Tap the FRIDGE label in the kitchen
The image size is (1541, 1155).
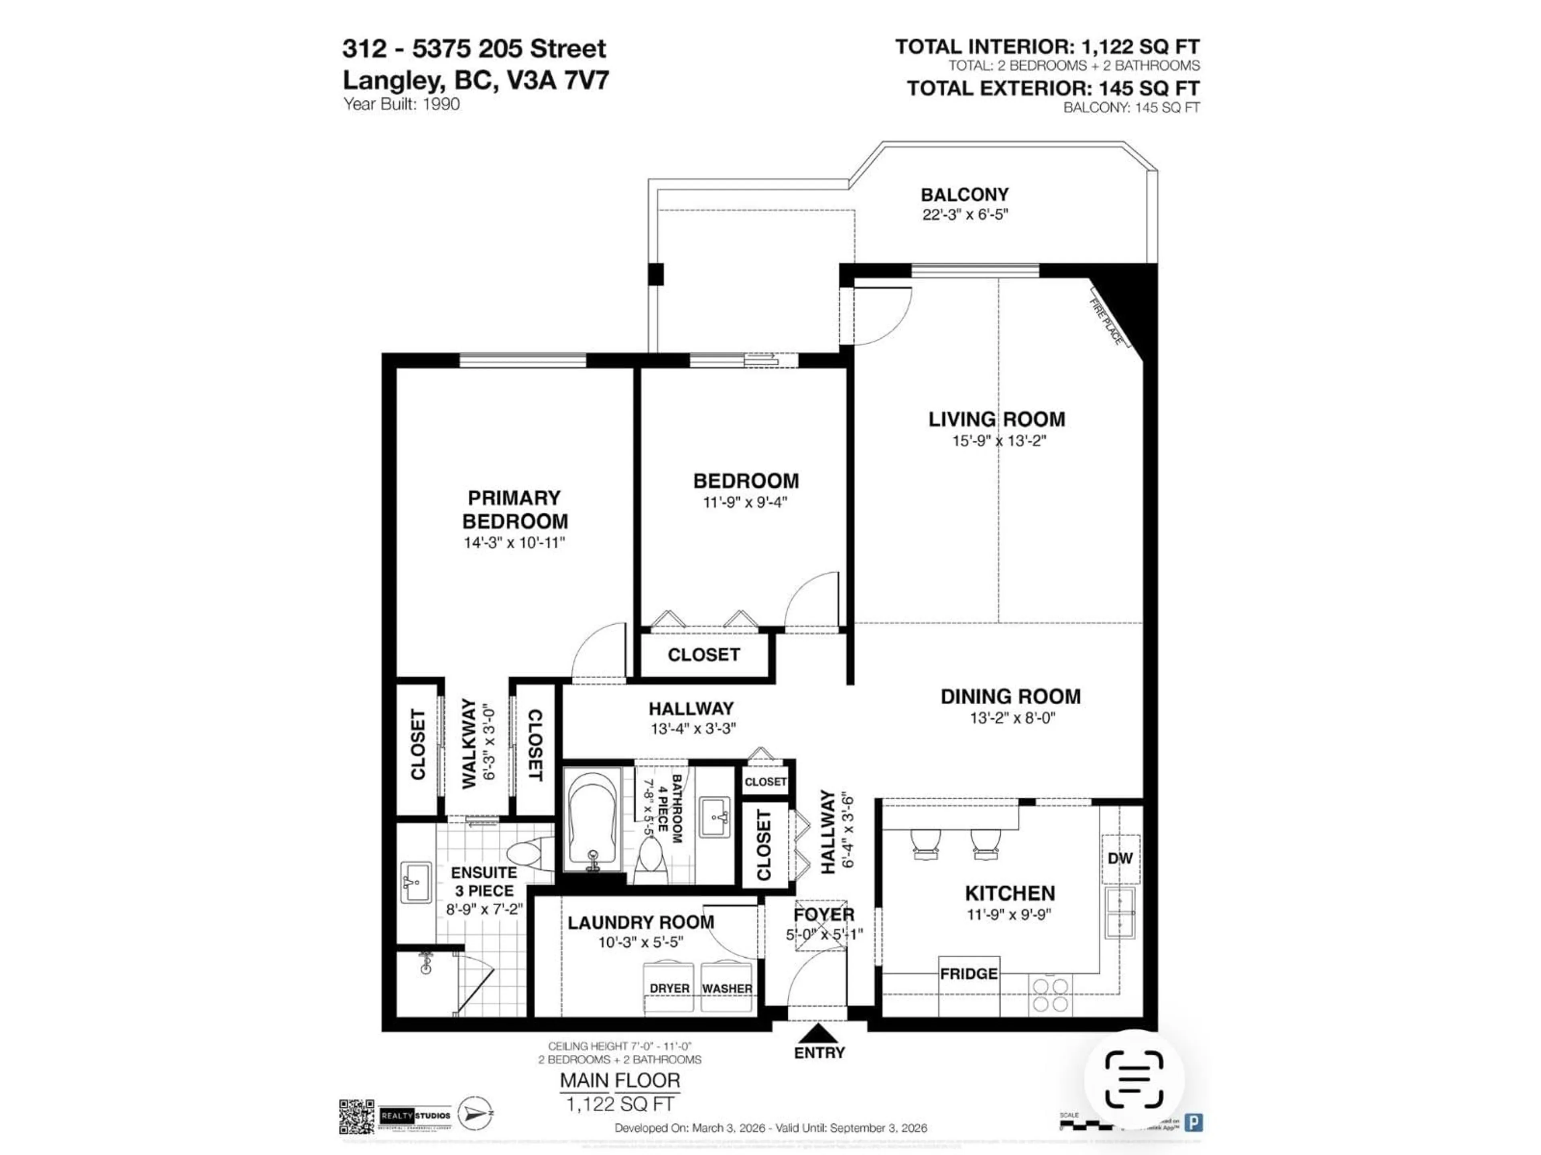pyautogui.click(x=968, y=973)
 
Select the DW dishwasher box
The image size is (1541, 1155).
pyautogui.click(x=1120, y=858)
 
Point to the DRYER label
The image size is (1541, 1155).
pyautogui.click(x=669, y=988)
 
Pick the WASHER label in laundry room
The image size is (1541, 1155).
pyautogui.click(x=727, y=988)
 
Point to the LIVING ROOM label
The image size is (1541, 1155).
pyautogui.click(x=996, y=419)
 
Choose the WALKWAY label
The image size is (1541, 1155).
pyautogui.click(x=469, y=744)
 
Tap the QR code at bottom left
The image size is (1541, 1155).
pyautogui.click(x=357, y=1117)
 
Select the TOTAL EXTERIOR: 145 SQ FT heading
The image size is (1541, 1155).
pyautogui.click(x=1053, y=88)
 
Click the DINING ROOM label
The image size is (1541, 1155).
pyautogui.click(x=1010, y=696)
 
